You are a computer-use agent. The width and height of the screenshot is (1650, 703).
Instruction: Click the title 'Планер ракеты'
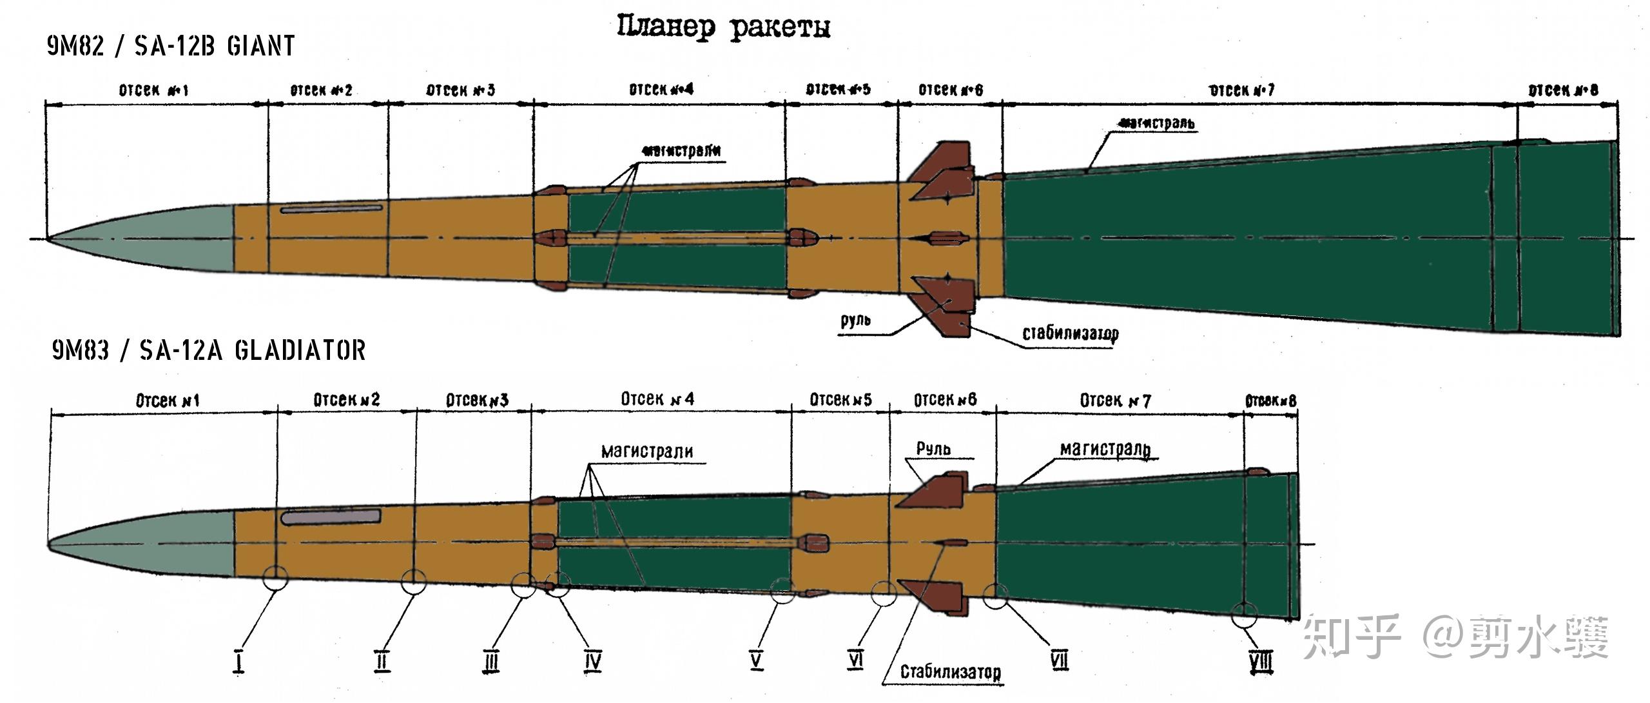(x=723, y=27)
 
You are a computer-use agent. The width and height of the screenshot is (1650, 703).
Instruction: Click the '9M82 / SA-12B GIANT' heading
(x=171, y=46)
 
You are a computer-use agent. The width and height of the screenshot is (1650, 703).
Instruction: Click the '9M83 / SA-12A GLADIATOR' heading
(x=209, y=350)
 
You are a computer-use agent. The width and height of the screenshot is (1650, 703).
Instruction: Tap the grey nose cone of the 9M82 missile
(x=161, y=239)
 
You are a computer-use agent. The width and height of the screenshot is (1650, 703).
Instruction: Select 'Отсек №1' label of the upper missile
(x=154, y=90)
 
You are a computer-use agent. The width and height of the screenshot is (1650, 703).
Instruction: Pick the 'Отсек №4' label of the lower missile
(x=657, y=399)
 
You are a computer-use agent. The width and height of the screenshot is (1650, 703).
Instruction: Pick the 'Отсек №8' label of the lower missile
(x=1270, y=401)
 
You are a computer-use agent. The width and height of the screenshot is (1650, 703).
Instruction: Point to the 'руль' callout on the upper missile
(x=856, y=321)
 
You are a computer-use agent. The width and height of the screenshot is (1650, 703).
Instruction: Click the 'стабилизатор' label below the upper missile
(x=1071, y=333)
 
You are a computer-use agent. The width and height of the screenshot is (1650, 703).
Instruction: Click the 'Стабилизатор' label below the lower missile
(x=951, y=672)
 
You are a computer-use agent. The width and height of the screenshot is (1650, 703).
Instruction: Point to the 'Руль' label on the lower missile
(x=933, y=448)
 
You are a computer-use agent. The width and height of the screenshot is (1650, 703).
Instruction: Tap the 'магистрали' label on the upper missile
(x=681, y=151)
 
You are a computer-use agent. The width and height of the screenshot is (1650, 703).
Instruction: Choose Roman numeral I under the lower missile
(x=239, y=661)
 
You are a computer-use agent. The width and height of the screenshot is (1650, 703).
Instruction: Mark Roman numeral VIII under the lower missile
(x=1261, y=662)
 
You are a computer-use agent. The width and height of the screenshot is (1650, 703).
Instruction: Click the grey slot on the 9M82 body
(x=331, y=209)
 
